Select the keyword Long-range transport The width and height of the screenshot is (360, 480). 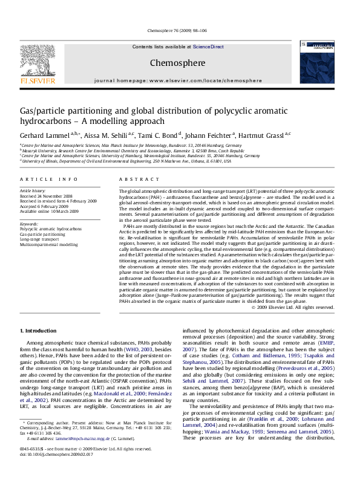click(41, 239)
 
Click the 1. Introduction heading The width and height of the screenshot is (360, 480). click(39, 331)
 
